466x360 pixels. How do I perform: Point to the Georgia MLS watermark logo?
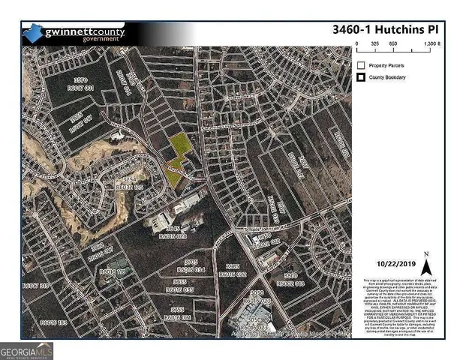[27, 349]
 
